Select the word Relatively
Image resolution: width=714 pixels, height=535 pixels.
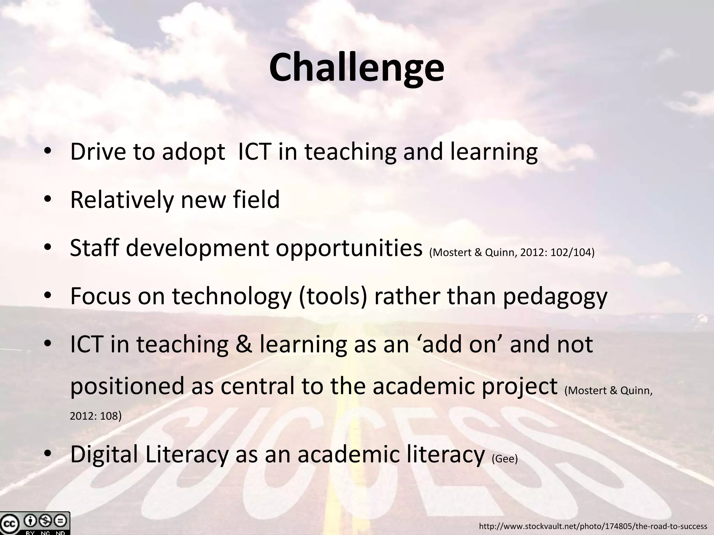pyautogui.click(x=122, y=200)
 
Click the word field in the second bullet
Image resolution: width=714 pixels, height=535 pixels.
pyautogui.click(x=256, y=200)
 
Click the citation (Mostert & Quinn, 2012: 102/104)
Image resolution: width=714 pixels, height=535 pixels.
pyautogui.click(x=512, y=252)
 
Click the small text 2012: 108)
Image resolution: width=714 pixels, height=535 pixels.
pyautogui.click(x=96, y=416)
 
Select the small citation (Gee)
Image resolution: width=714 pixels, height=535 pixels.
pyautogui.click(x=504, y=459)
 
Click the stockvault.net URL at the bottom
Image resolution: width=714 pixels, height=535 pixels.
pyautogui.click(x=593, y=526)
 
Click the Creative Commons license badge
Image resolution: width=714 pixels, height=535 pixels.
pyautogui.click(x=35, y=523)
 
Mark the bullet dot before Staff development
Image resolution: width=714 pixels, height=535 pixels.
pyautogui.click(x=48, y=247)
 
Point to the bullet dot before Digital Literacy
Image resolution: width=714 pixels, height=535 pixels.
pyautogui.click(x=48, y=453)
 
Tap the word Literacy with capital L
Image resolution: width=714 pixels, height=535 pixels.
pyautogui.click(x=187, y=455)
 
